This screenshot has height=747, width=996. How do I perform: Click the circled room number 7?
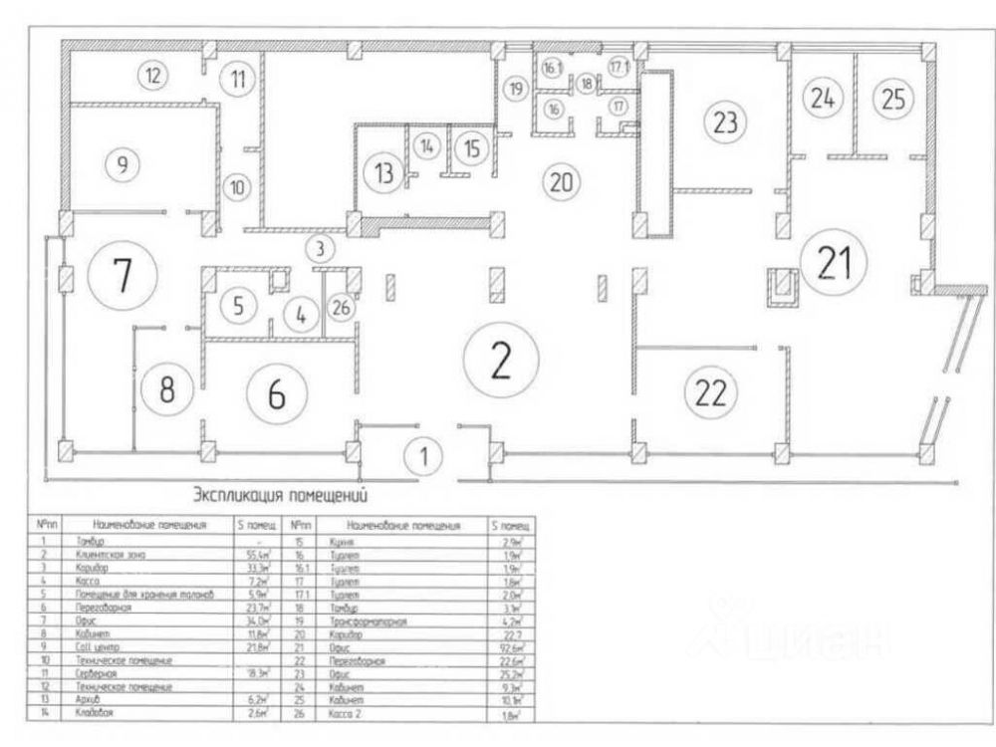click(x=122, y=276)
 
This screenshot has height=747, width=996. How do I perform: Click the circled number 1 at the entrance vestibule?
click(x=423, y=457)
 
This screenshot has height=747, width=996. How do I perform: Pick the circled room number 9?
click(x=122, y=165)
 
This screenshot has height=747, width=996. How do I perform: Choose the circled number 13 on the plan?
click(x=382, y=170)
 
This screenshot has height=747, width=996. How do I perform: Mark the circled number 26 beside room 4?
click(x=341, y=308)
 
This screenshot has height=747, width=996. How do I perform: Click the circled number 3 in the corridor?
click(x=320, y=246)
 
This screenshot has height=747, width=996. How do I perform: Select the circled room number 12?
click(x=152, y=74)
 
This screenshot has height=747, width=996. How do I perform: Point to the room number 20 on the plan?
click(x=561, y=182)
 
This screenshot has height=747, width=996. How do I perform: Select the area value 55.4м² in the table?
click(x=257, y=552)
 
